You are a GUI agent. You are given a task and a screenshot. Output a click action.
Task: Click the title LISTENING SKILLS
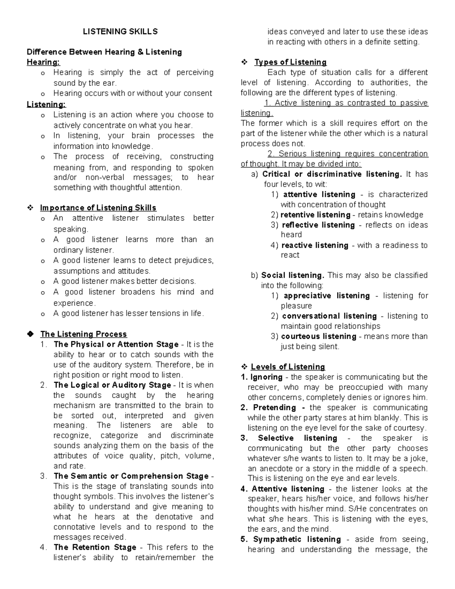click(120, 32)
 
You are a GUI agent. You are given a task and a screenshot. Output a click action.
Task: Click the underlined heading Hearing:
click(43, 62)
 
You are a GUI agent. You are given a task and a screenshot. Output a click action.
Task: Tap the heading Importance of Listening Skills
click(98, 208)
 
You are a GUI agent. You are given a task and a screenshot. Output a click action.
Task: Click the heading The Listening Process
click(83, 334)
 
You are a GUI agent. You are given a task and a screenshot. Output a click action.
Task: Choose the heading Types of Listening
click(290, 62)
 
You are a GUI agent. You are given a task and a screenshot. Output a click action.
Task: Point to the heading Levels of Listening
click(288, 367)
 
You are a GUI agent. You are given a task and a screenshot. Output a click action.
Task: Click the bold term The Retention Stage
click(95, 547)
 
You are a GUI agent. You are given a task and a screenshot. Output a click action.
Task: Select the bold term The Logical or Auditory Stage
click(112, 385)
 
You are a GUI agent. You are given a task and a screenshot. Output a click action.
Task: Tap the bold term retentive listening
click(315, 215)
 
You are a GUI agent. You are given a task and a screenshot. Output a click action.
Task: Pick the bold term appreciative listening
click(326, 296)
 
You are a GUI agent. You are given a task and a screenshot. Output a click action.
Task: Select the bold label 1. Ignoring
click(262, 377)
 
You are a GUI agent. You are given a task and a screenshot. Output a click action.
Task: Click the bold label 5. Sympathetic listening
click(291, 539)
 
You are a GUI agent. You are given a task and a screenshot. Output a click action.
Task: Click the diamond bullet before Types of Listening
click(244, 62)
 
